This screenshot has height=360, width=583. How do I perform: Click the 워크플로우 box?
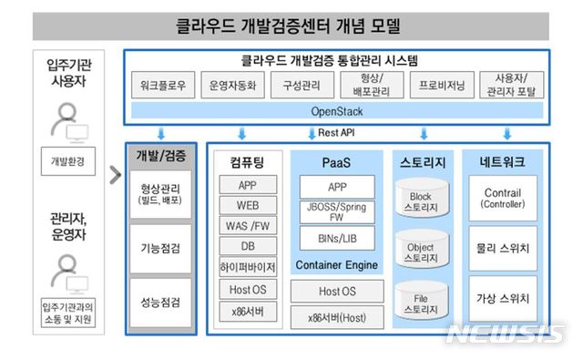click(x=164, y=86)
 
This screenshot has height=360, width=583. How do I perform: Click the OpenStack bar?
click(x=337, y=110)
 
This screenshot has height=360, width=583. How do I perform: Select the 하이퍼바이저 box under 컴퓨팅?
click(x=248, y=269)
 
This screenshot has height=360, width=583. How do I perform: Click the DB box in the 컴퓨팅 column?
click(x=248, y=247)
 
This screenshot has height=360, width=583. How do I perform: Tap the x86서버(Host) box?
click(x=331, y=318)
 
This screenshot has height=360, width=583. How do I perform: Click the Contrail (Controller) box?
click(x=502, y=198)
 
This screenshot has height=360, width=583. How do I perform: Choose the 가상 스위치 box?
click(x=502, y=298)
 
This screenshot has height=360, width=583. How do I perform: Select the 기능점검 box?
click(x=160, y=248)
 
